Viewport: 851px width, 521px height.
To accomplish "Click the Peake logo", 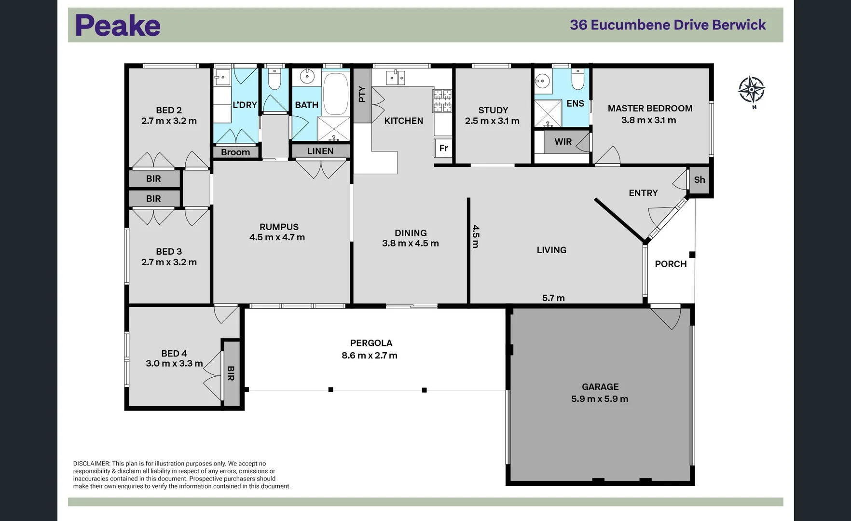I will coord(118,26).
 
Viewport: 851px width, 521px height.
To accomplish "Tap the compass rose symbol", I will coord(751,90).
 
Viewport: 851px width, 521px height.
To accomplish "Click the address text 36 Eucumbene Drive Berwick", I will coord(668,25).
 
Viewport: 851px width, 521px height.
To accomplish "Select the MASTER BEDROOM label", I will coord(650,109).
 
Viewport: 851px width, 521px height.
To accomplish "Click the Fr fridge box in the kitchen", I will coord(443,148).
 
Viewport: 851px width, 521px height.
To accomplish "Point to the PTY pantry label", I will coord(362,95).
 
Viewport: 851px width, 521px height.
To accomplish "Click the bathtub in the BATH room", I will coord(335,93).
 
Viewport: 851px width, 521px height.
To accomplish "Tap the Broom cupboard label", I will coord(235,152).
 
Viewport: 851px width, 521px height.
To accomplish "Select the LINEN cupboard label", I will coord(320,151).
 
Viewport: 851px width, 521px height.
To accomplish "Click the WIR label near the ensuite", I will coord(563,141).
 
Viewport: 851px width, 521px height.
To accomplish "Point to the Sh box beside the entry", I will coord(700,180).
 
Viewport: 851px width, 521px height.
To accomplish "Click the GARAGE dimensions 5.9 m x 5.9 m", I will coord(600,399).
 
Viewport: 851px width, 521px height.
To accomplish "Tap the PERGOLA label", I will coord(371,343).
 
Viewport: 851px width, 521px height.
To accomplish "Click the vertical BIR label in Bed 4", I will coord(231,373).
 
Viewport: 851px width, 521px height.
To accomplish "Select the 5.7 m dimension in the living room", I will coord(553,298).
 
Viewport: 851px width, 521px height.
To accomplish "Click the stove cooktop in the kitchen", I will coord(442,101).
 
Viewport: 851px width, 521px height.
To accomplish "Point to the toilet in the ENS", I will coord(577,79).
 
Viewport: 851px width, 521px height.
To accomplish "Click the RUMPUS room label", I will coord(279,227).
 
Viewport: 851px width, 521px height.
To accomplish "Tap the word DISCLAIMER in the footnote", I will coord(92,464).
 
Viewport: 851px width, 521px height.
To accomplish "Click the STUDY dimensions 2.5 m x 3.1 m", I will coord(492,121).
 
